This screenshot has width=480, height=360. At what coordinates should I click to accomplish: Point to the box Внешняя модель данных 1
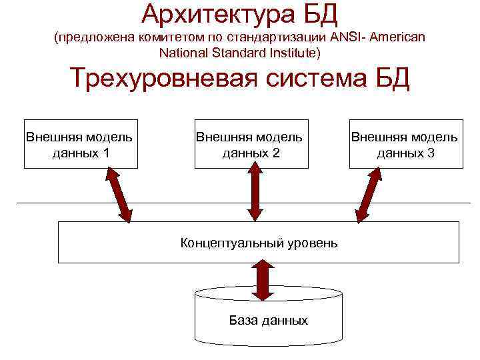[x=80, y=144]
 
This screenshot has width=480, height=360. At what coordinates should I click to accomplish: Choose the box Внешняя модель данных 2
[x=250, y=144]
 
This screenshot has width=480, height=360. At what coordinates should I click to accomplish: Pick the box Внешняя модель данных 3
[x=405, y=144]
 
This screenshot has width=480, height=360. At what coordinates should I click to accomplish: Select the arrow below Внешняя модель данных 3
[x=369, y=194]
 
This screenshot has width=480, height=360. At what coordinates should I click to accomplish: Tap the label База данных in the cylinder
[x=268, y=321]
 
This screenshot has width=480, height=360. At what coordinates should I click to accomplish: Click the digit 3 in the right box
[x=431, y=153]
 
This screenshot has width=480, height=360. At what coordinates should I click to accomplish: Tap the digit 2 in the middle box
[x=275, y=153]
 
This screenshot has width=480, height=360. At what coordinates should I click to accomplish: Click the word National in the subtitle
[x=183, y=52]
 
